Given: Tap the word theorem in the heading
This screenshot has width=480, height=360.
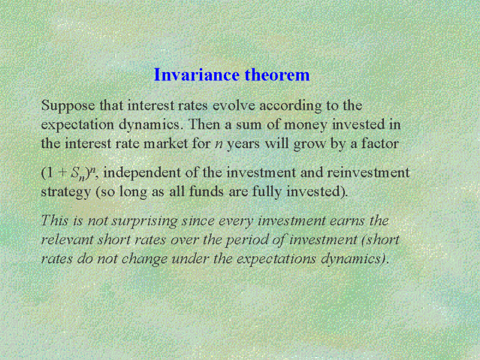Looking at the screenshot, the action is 277,74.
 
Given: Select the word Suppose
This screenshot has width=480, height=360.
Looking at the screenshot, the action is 68,106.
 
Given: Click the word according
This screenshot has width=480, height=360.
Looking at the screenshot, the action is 290,106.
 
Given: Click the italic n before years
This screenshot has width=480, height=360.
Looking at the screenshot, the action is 218,145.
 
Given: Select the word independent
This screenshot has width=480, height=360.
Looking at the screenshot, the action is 142,173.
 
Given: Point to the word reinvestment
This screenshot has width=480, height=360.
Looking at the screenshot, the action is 368,173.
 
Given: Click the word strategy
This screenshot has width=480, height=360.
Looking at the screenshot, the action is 66,193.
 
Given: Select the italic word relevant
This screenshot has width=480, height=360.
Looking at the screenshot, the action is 67,240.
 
